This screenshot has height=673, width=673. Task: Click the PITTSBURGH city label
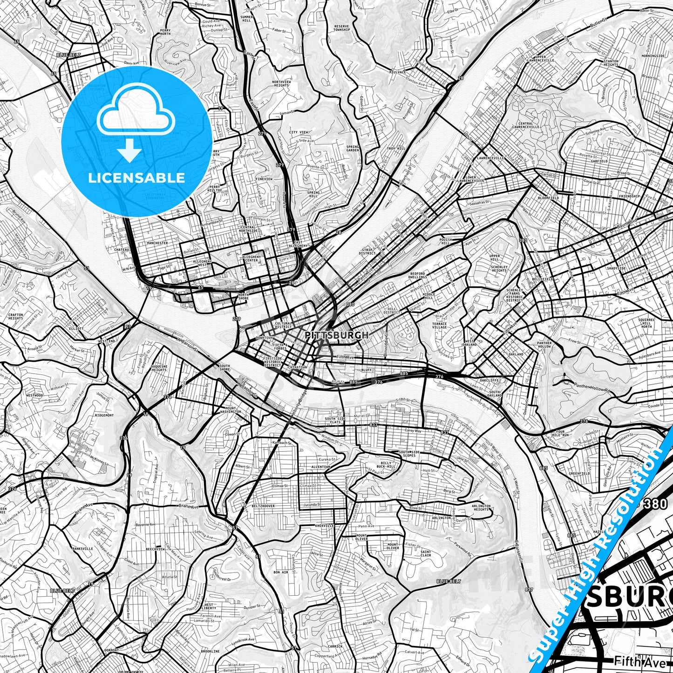(x=337, y=335)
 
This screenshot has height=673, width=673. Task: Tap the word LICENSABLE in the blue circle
(x=137, y=177)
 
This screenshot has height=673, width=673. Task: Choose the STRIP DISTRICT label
(x=367, y=252)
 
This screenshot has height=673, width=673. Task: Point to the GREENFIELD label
(x=579, y=473)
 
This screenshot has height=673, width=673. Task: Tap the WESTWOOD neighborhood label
(x=34, y=395)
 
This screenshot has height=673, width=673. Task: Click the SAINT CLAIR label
(x=426, y=553)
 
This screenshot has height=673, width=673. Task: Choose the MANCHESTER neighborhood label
(x=157, y=243)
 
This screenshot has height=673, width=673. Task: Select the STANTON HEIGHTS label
(x=611, y=63)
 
